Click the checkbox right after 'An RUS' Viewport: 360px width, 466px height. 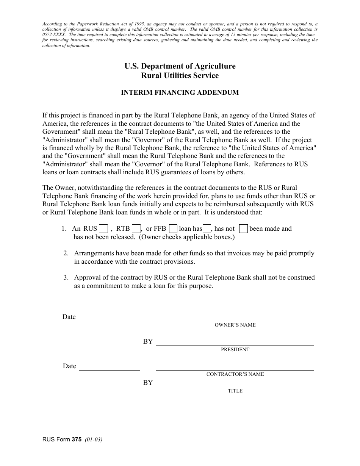103,229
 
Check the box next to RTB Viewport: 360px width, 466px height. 136,229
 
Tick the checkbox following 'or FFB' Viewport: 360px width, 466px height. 173,229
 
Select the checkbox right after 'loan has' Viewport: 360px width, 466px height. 207,229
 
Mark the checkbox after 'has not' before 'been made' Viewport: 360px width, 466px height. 244,229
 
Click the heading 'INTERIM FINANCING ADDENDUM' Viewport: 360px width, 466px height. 180,92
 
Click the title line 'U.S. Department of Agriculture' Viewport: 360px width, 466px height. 180,66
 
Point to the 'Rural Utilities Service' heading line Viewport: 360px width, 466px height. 180,75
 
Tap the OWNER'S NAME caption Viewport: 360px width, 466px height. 235,325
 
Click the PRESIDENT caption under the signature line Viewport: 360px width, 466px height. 235,350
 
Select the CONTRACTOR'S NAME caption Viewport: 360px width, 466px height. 235,374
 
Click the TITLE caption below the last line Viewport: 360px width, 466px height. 235,391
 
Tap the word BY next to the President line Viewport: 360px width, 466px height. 148,342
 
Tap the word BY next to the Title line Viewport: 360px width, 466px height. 148,383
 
